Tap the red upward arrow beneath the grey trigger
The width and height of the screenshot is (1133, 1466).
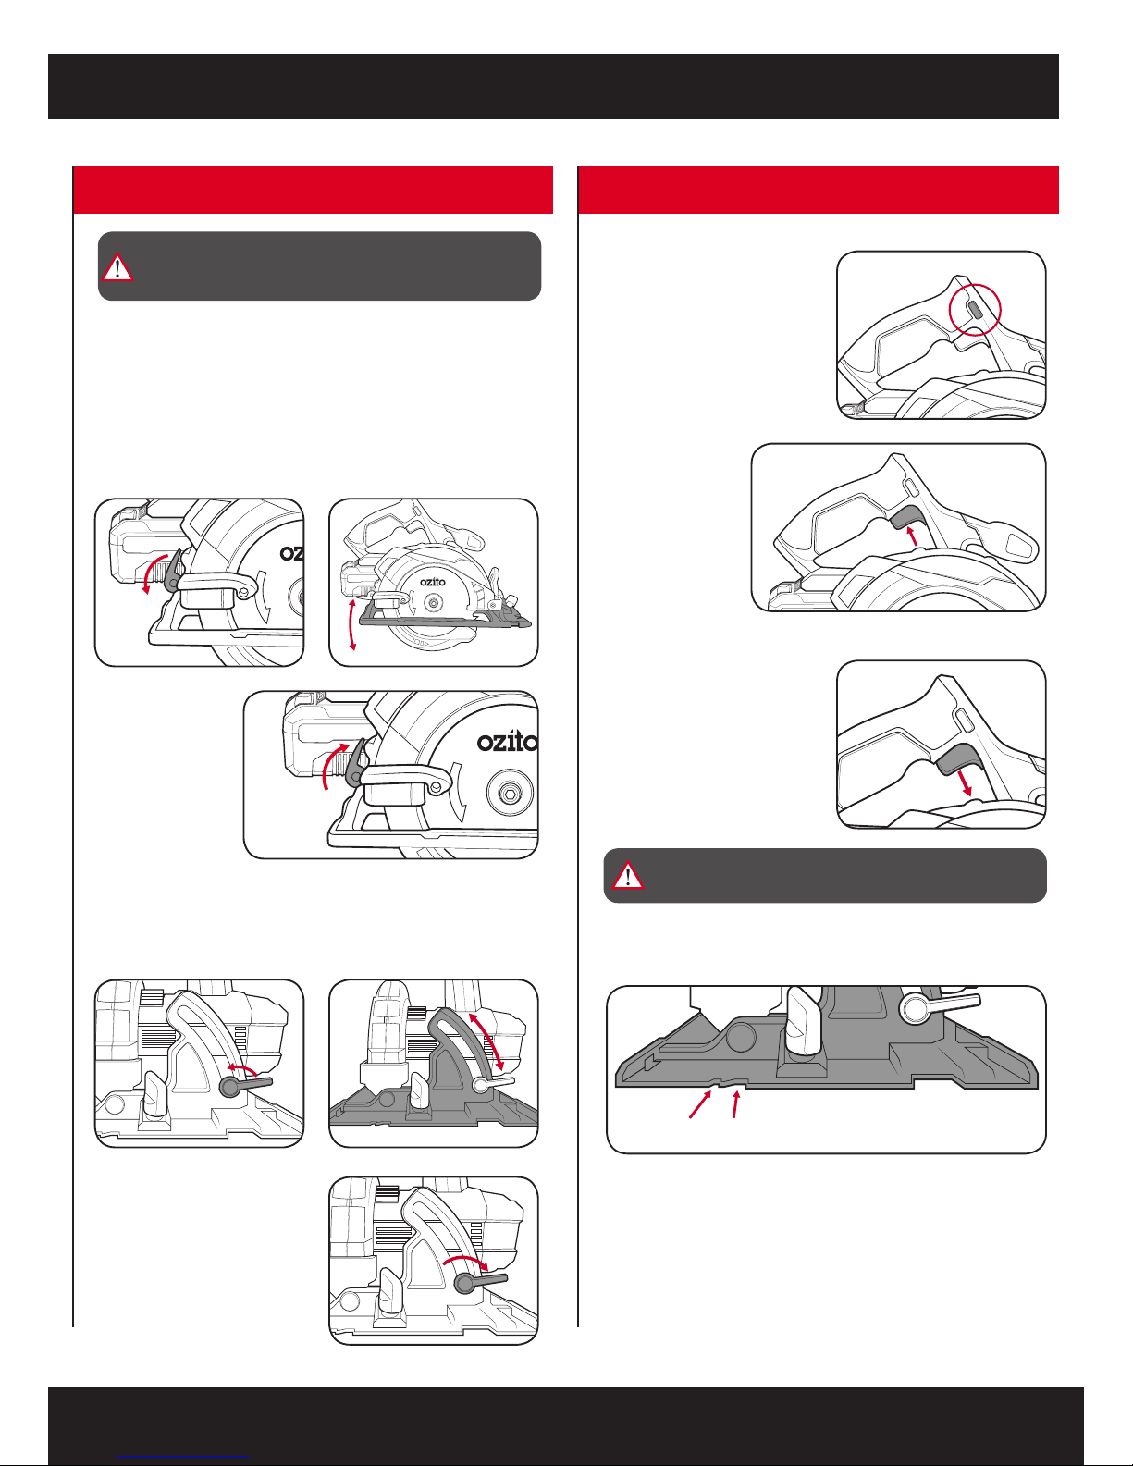click(913, 536)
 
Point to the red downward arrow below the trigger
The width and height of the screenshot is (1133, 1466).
click(967, 784)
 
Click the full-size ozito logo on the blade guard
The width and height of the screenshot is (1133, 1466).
click(507, 742)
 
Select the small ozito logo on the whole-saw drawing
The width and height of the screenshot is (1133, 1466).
click(432, 582)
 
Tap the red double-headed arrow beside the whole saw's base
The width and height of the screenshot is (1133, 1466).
click(351, 624)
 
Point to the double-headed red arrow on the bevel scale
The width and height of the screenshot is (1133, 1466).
click(486, 1040)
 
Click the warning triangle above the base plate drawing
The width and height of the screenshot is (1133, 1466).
click(628, 875)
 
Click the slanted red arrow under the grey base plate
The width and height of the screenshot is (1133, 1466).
click(700, 1105)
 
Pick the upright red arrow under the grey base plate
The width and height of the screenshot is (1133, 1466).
click(736, 1104)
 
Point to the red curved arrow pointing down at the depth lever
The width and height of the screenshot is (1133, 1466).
click(151, 574)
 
